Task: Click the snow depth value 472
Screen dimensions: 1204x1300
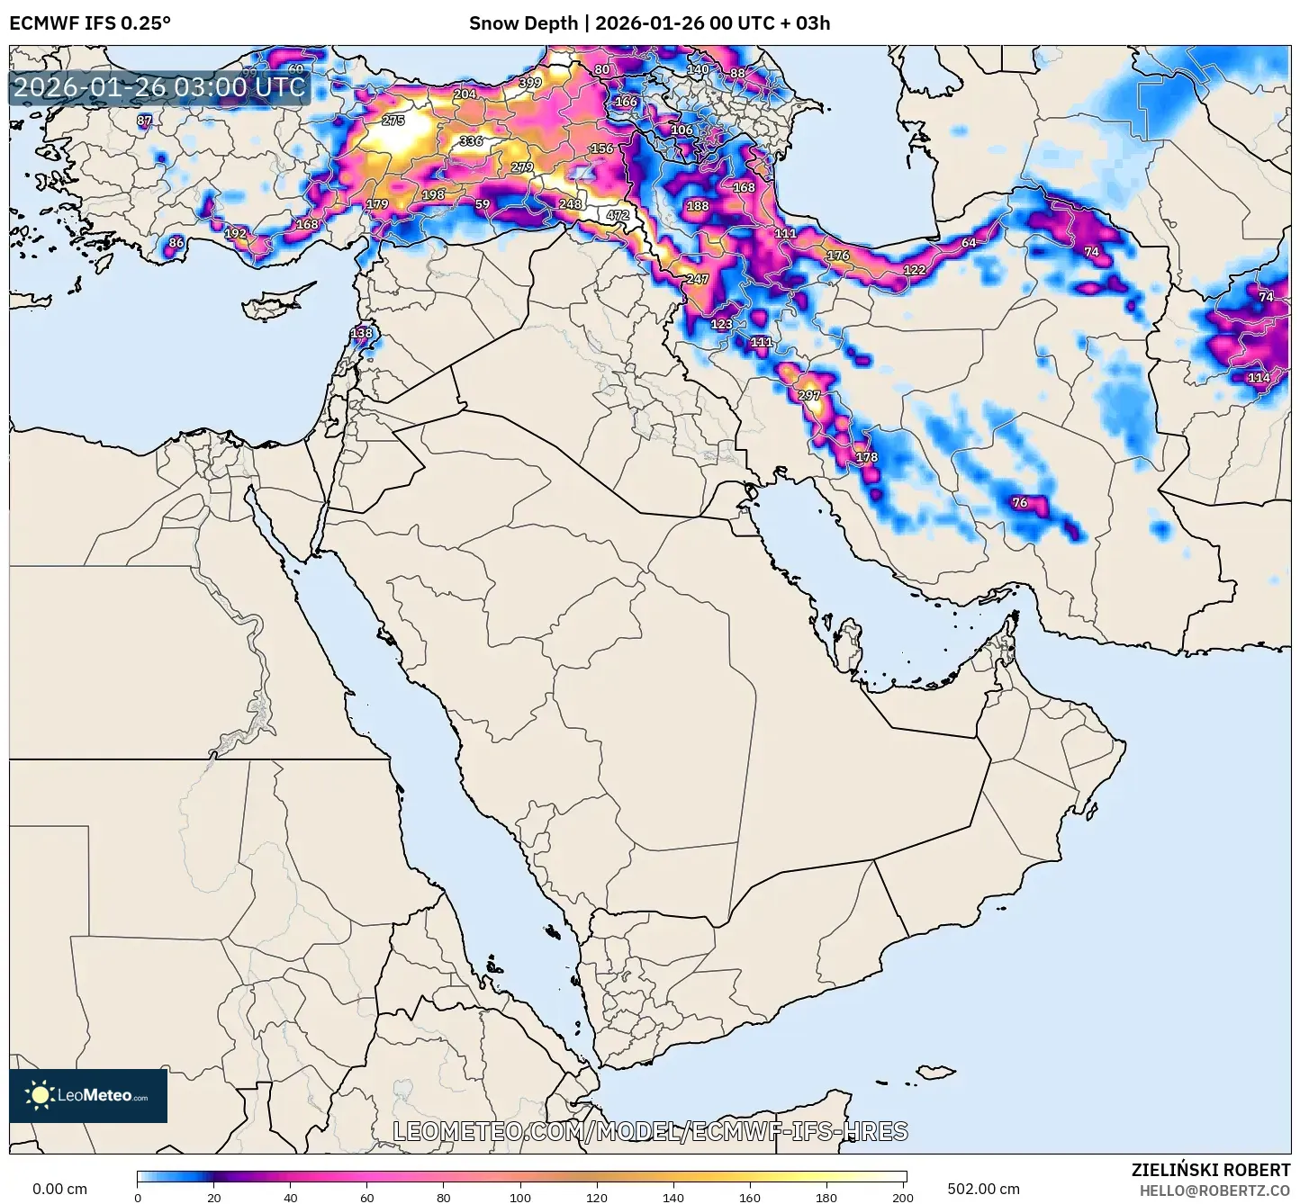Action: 618,215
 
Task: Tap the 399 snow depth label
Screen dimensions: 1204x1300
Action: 530,83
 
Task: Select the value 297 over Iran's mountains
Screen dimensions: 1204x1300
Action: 809,395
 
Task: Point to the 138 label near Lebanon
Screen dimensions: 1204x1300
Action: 361,333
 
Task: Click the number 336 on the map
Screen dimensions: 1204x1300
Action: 471,141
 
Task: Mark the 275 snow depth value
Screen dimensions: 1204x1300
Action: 393,121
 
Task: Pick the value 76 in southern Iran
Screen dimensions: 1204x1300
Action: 1020,503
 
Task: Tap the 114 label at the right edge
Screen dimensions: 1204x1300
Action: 1259,378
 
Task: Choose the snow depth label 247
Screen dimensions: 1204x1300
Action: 698,279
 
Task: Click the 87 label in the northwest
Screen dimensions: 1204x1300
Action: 145,121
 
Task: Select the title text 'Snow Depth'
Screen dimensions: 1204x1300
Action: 523,23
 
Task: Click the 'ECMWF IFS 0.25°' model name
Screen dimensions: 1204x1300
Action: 90,23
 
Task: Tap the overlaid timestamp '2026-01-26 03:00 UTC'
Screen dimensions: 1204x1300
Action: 159,87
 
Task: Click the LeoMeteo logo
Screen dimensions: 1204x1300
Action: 88,1095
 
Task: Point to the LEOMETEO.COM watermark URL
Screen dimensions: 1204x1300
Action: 650,1131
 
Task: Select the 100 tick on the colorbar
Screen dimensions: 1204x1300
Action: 521,1197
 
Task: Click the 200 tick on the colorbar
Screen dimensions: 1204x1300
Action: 903,1197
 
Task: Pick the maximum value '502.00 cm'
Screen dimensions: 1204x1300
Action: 983,1189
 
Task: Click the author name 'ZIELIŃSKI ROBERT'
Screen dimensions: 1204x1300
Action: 1210,1170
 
